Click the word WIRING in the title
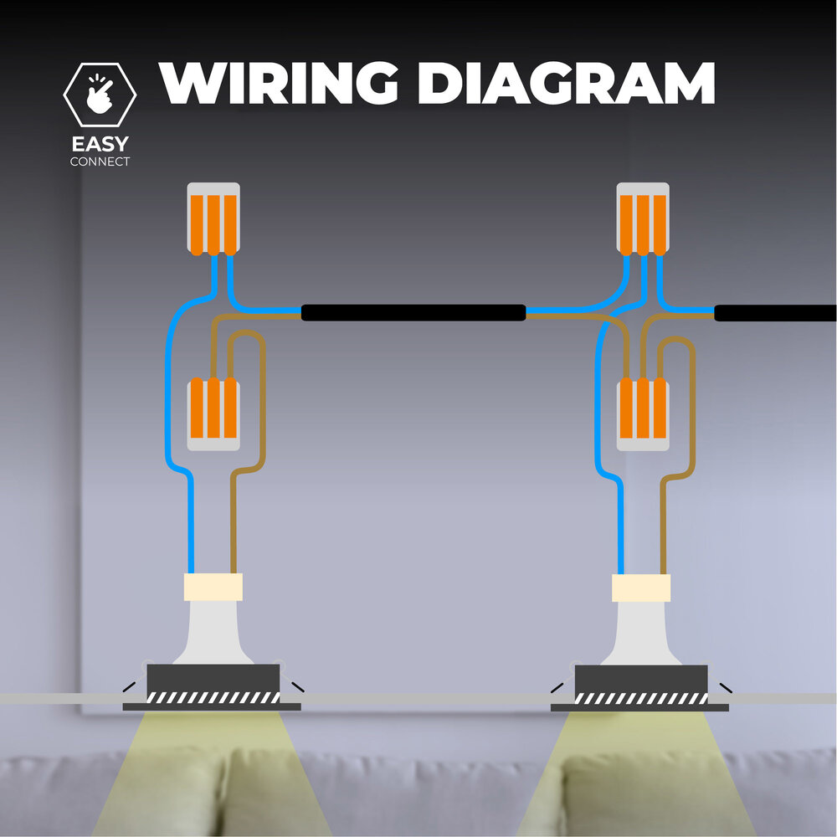279,83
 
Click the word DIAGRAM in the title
566,83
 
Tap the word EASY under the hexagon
100,144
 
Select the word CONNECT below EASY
100,162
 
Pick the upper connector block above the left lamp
213,218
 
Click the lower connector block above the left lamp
213,413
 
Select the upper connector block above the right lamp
643,218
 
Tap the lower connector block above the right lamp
643,413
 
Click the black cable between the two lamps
413,313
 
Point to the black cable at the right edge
775,313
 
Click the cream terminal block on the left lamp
213,587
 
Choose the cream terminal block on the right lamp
641,588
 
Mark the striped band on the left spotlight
213,698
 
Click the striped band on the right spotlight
641,698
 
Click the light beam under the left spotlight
212,774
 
